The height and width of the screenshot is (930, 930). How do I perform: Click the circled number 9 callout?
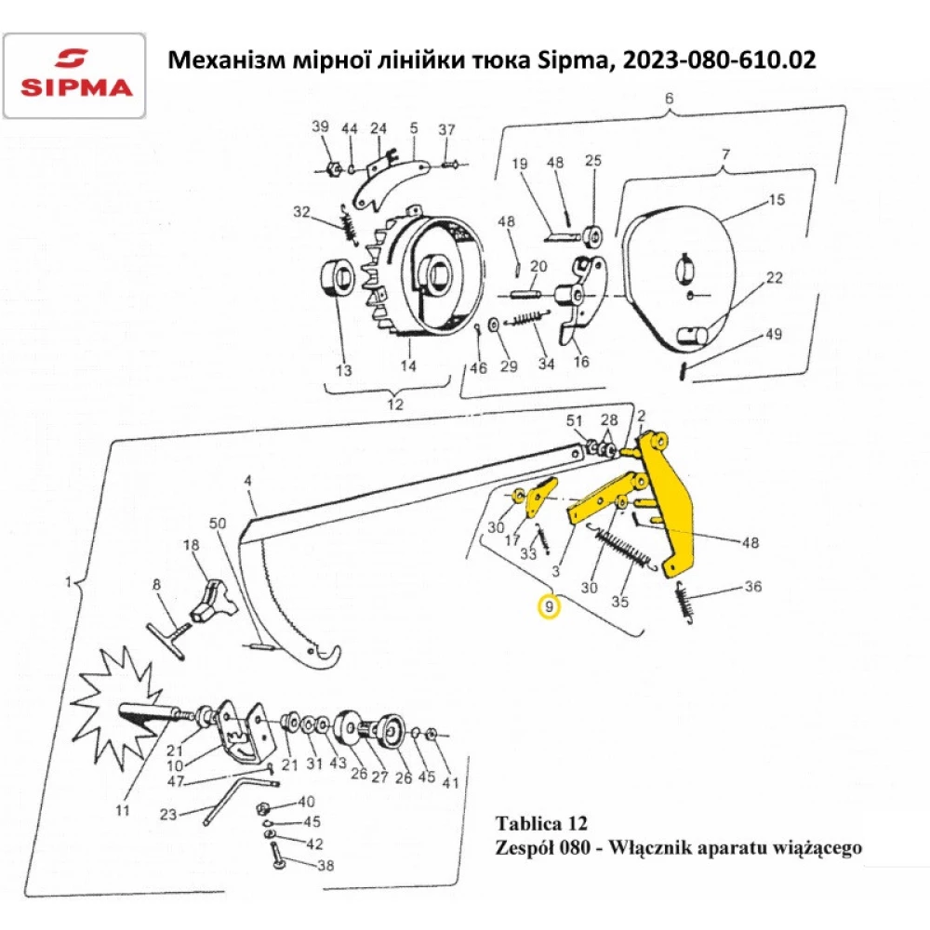[x=550, y=608]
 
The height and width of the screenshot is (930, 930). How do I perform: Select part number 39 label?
[x=320, y=127]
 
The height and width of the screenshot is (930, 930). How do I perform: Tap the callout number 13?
[x=344, y=371]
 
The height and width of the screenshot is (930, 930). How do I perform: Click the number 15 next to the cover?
[x=776, y=200]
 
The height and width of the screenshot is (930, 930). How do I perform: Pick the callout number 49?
[x=775, y=336]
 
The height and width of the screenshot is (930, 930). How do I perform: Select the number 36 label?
[x=753, y=588]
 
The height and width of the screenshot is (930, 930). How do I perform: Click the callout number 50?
[x=217, y=524]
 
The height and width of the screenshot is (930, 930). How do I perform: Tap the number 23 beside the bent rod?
[x=168, y=816]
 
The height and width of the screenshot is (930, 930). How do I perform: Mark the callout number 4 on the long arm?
[x=248, y=481]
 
